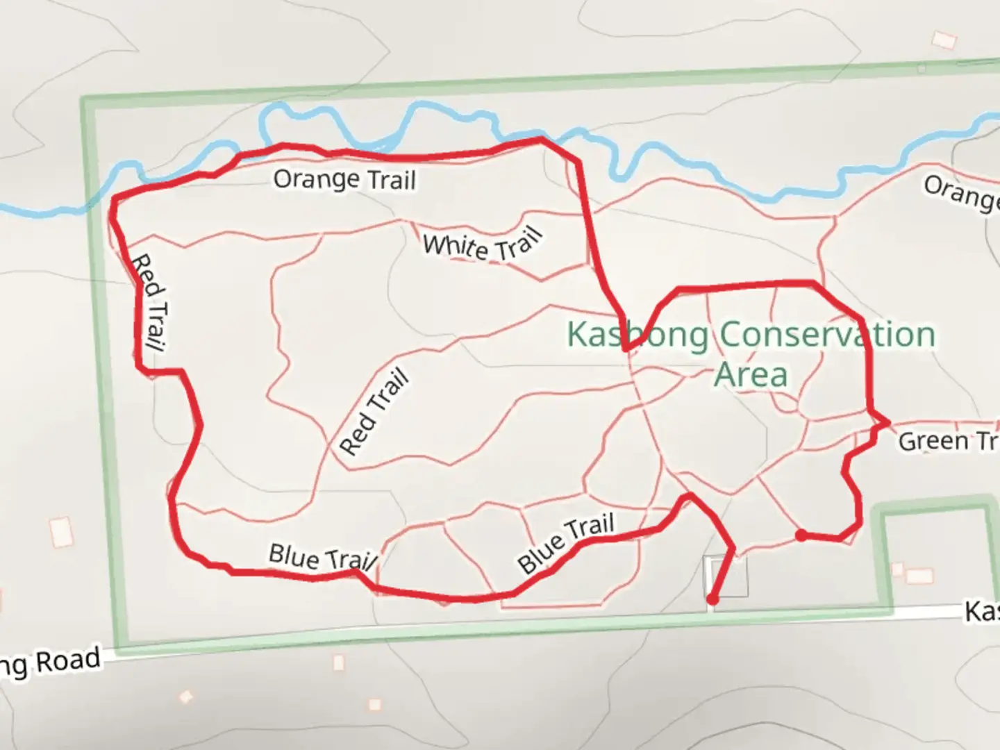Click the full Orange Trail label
point(344,179)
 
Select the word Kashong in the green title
point(637,335)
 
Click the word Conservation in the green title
point(827,335)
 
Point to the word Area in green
point(751,375)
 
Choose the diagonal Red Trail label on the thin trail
point(375,414)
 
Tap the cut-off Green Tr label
point(948,442)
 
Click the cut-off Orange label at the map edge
point(962,192)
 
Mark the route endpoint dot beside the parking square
point(712,599)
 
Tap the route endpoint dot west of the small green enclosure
point(801,535)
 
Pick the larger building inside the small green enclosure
point(919,576)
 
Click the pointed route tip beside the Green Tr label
point(887,422)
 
